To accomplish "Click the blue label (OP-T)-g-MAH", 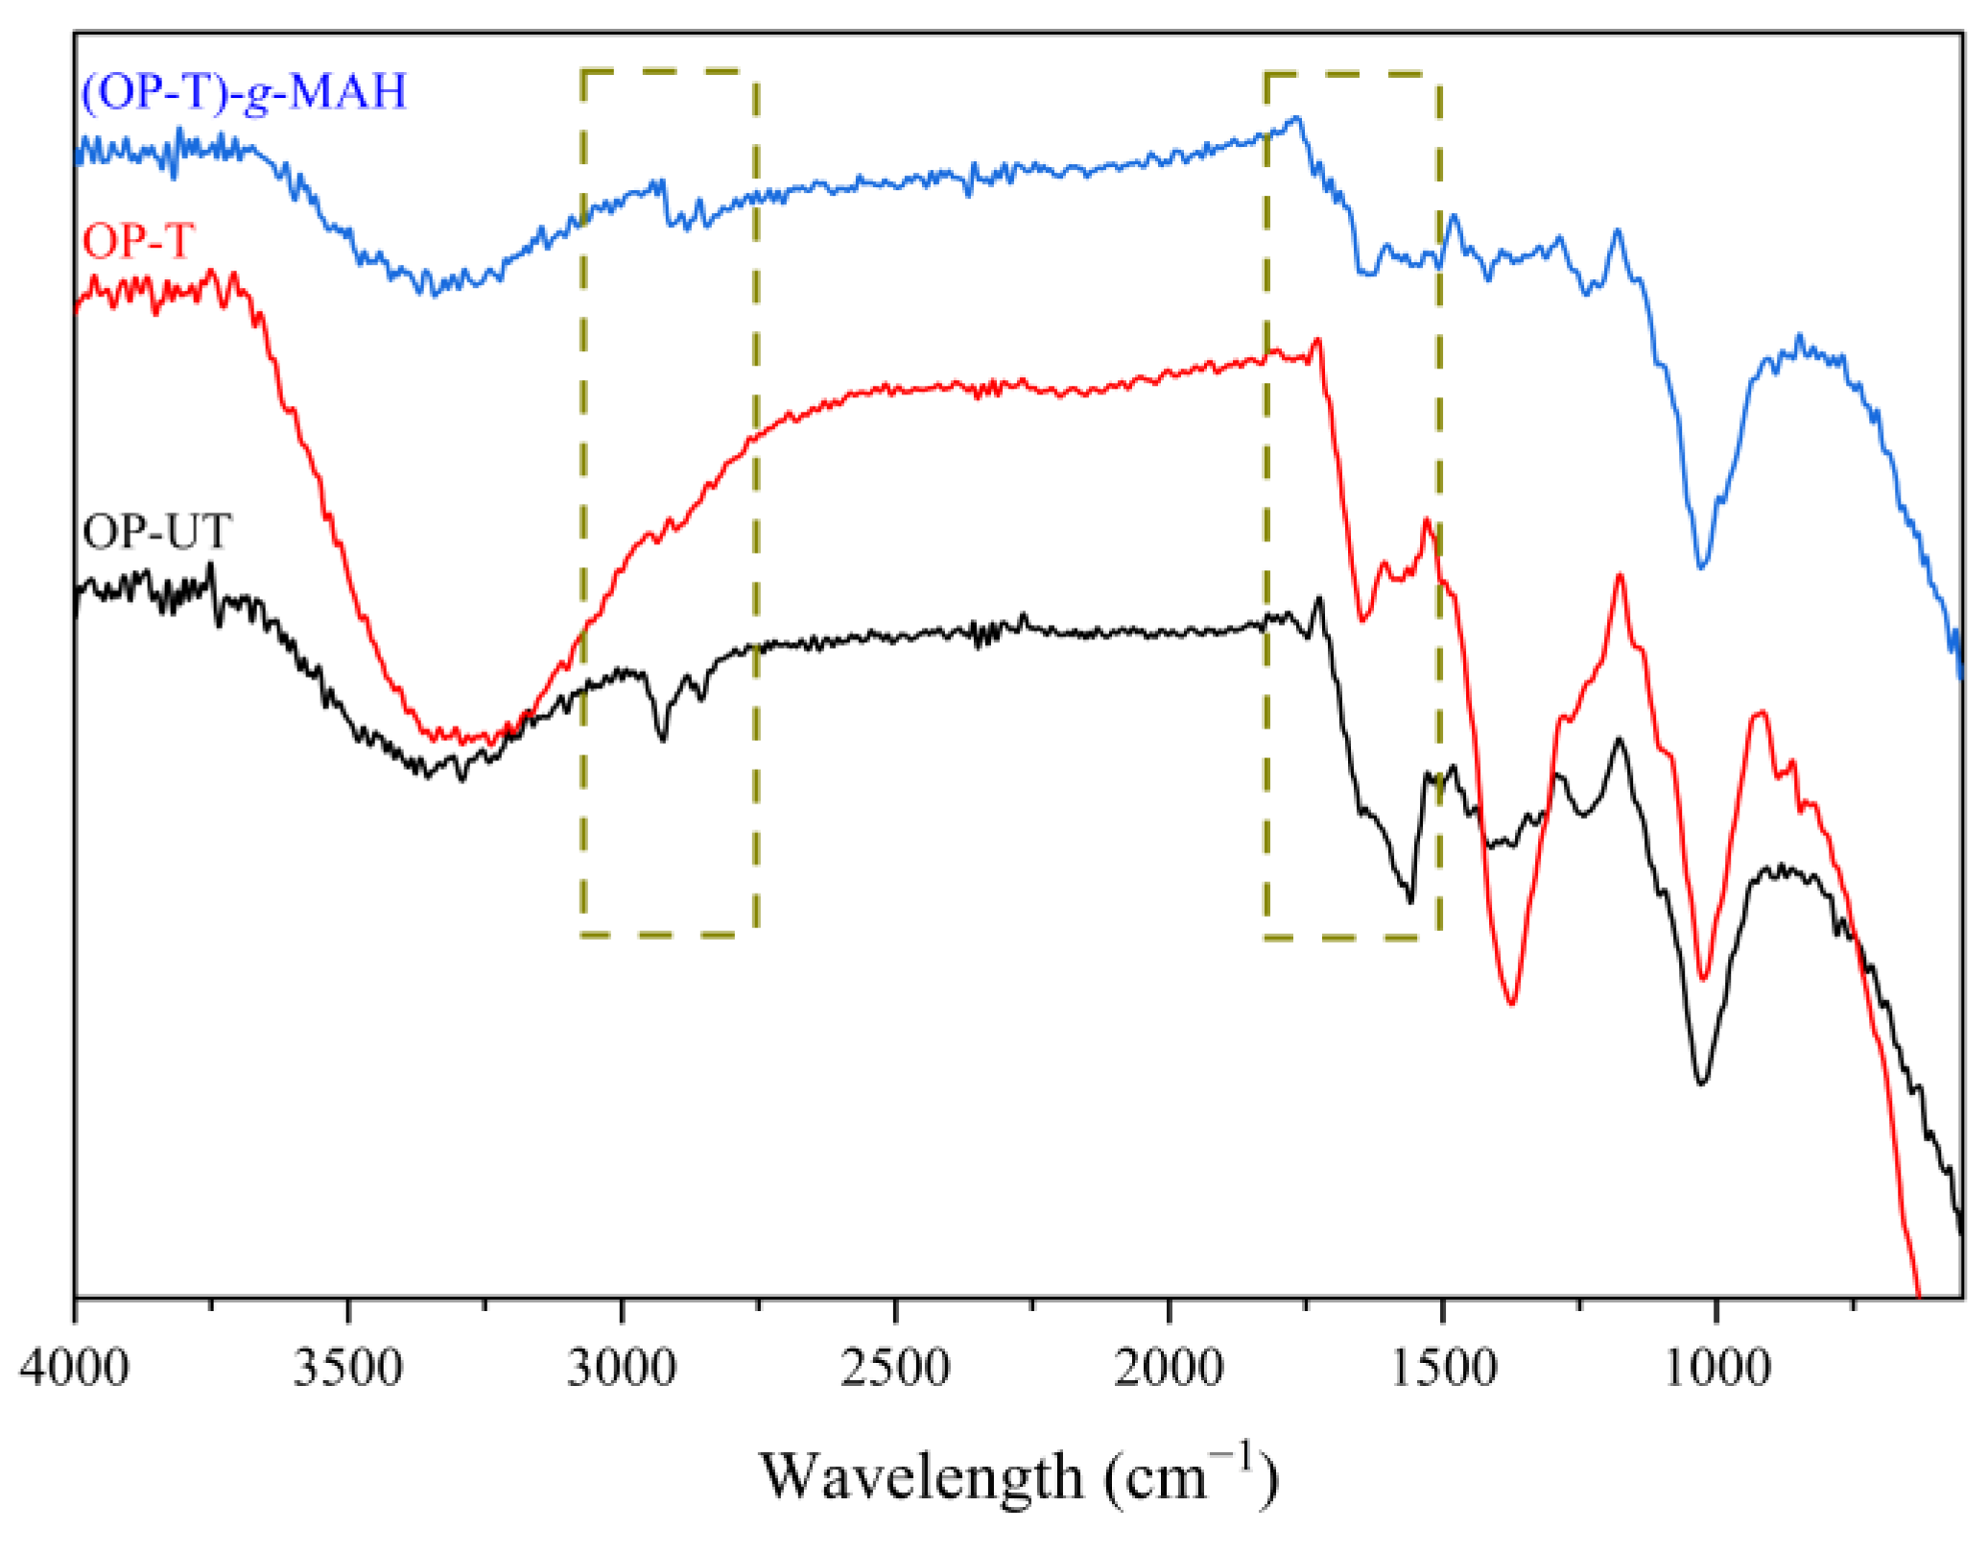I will click(245, 92).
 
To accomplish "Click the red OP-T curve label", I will click(139, 240).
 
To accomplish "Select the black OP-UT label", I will click(156, 531).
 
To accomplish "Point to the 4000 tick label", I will click(74, 1367).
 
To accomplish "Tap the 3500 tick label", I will click(347, 1367).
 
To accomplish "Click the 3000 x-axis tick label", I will click(622, 1367).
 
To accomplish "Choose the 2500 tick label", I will click(894, 1367).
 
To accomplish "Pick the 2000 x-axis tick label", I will click(1169, 1367).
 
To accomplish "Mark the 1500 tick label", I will click(1442, 1367).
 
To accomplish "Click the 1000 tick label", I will click(1716, 1367).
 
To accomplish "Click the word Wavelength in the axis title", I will click(922, 1476).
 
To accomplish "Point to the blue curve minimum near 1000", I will click(1701, 567).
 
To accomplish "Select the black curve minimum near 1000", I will click(1701, 1084).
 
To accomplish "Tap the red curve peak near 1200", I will click(1620, 576).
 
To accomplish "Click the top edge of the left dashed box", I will click(669, 71).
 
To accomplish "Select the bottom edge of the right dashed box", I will click(1353, 938).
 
